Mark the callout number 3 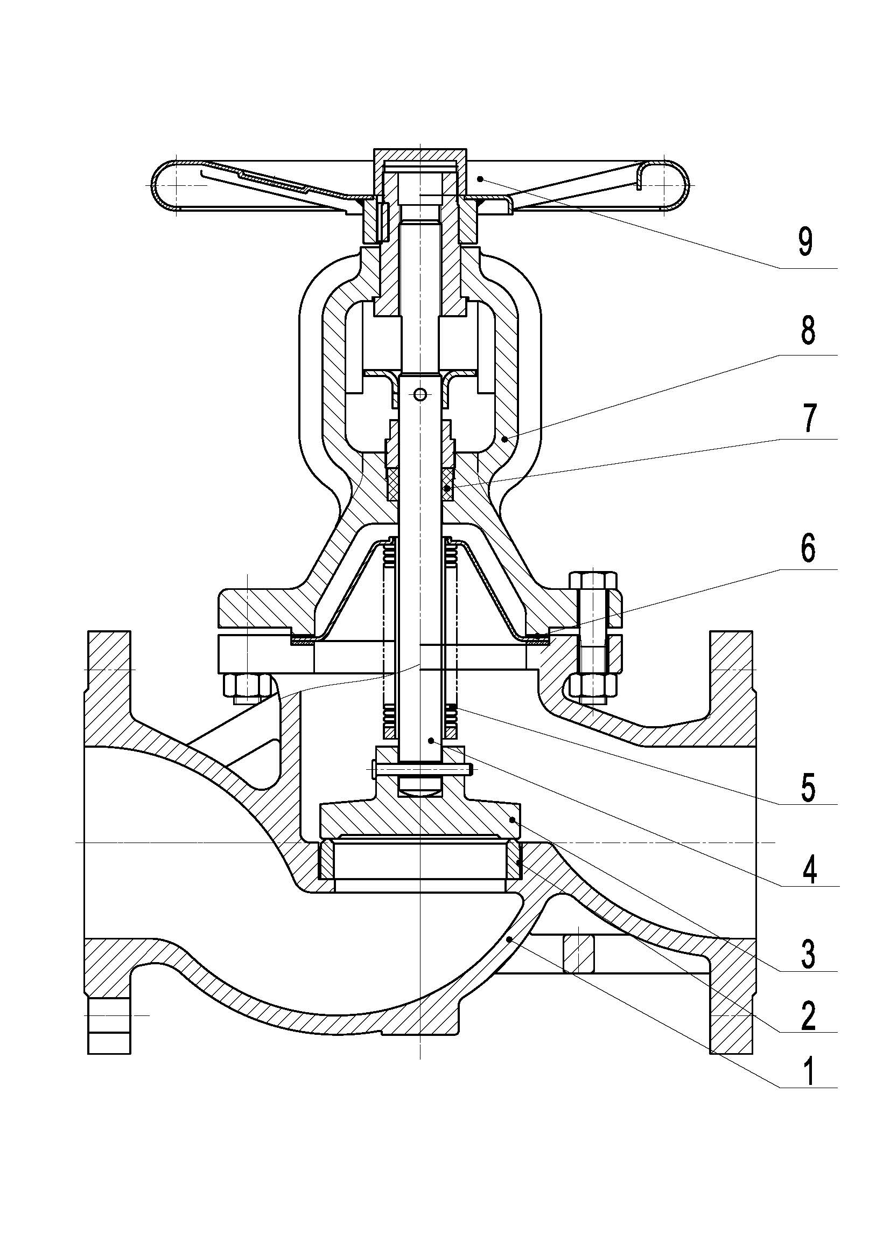click(807, 954)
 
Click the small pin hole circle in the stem click(420, 394)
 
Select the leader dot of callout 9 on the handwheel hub click(479, 179)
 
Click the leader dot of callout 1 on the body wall click(510, 940)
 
